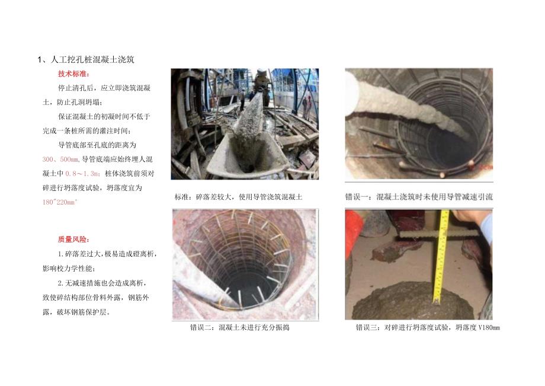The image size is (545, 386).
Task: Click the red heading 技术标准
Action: pyautogui.click(x=72, y=74)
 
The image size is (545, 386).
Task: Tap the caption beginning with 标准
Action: pyautogui.click(x=238, y=197)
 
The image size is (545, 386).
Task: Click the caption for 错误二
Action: pyautogui.click(x=239, y=327)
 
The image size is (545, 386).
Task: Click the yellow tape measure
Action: pyautogui.click(x=441, y=261)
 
